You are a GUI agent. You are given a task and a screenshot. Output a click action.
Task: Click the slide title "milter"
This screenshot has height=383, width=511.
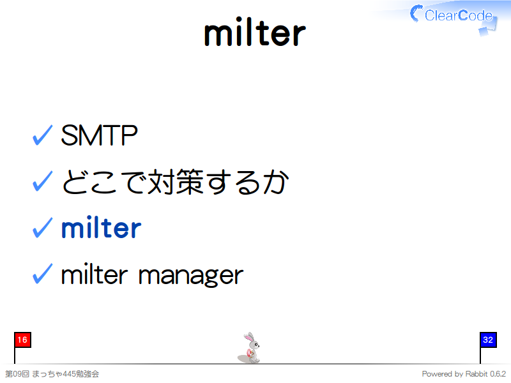[255, 32]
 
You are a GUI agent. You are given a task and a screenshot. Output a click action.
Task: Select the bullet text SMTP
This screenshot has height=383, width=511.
[99, 135]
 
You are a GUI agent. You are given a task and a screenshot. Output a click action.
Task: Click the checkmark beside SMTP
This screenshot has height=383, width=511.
[42, 135]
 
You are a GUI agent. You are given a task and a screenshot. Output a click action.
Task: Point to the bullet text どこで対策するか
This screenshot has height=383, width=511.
[175, 182]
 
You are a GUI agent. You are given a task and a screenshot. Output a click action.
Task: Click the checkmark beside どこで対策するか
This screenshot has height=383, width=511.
[42, 181]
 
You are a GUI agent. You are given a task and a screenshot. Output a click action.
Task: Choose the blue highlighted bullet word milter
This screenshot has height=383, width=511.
[102, 227]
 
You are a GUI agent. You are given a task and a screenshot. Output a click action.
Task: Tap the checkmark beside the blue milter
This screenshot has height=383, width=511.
[42, 227]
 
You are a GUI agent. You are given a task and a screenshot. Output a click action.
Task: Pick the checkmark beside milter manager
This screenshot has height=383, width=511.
[42, 274]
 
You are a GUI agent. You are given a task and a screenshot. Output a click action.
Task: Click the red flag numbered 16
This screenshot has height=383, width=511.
[22, 340]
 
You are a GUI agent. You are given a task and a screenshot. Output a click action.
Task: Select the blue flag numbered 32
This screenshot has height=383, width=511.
[488, 340]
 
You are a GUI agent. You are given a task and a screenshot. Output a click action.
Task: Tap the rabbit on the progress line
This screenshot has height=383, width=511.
[249, 348]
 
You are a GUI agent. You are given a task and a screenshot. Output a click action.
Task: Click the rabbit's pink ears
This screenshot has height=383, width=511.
[249, 337]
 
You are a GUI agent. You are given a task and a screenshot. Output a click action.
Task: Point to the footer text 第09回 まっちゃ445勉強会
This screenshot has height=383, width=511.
[52, 374]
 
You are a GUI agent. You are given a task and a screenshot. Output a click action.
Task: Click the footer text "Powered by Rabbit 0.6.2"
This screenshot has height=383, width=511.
[464, 374]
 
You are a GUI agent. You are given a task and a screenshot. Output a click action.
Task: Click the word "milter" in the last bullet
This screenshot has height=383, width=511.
[94, 274]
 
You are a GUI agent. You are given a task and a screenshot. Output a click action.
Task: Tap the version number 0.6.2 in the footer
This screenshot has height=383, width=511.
[498, 374]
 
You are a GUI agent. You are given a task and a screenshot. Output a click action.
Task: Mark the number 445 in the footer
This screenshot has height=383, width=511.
[69, 374]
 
